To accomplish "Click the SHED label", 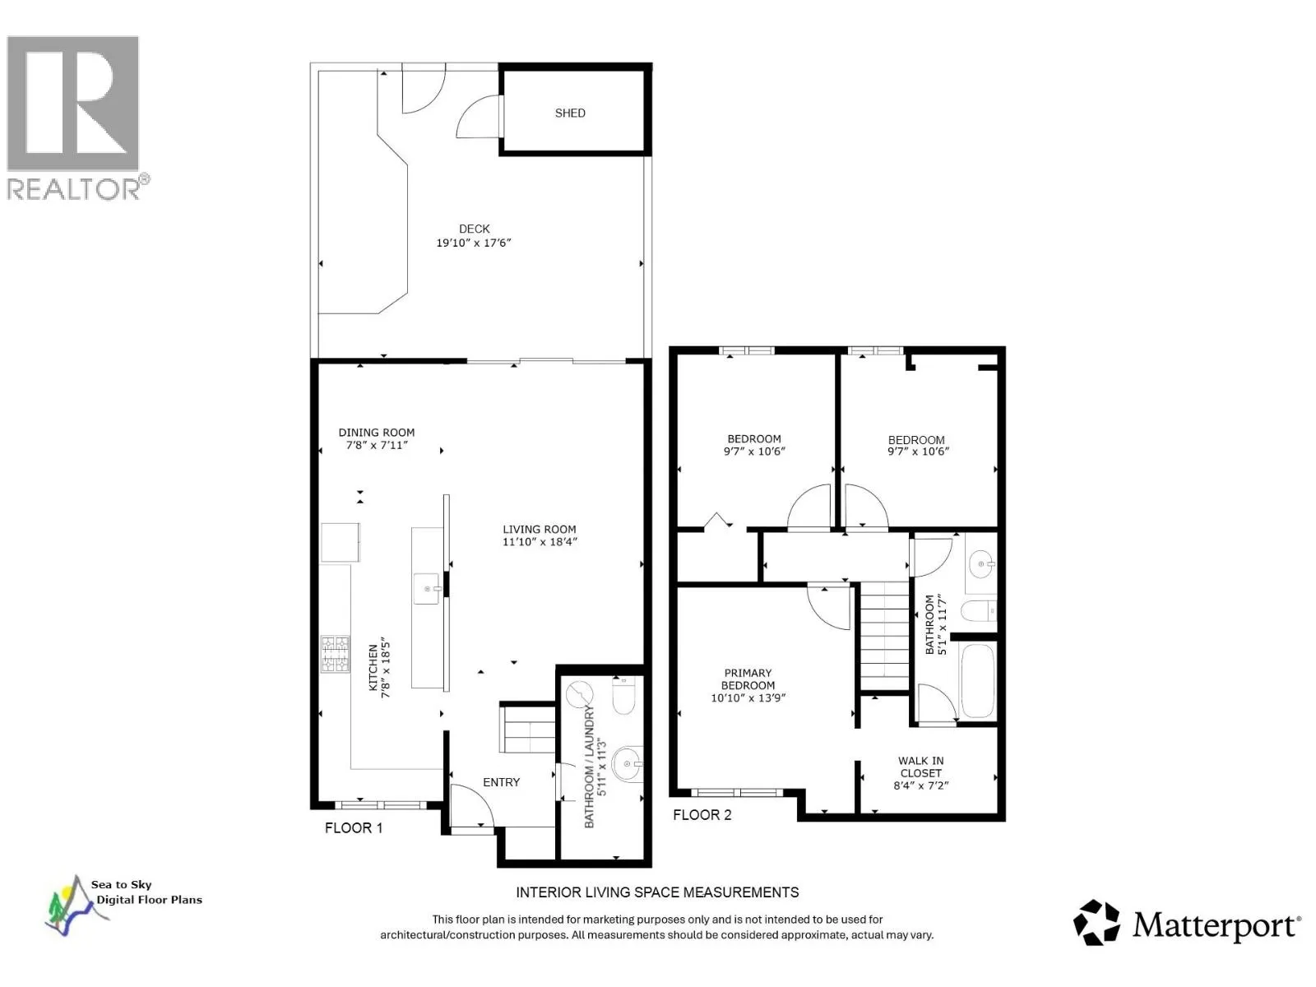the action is click(x=569, y=114).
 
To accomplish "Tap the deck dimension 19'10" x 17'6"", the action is click(x=474, y=243).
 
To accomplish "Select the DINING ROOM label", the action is click(x=377, y=433).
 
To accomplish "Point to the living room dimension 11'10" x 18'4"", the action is click(x=540, y=542).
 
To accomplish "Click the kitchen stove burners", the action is click(x=336, y=655).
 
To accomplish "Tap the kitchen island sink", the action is click(x=428, y=588).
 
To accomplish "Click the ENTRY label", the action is click(x=501, y=782).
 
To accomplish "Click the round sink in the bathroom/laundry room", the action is click(x=628, y=763).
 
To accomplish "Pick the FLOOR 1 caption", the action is click(x=354, y=827).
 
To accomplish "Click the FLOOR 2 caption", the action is click(x=702, y=815).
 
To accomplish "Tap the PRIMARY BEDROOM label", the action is click(x=748, y=679).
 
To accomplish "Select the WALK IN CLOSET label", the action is click(x=921, y=767).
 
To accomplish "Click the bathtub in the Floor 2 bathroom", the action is click(x=978, y=681).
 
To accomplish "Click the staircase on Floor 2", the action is click(x=885, y=637).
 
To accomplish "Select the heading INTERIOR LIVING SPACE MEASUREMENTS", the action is click(x=657, y=892).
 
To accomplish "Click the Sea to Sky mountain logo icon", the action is click(x=70, y=905).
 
